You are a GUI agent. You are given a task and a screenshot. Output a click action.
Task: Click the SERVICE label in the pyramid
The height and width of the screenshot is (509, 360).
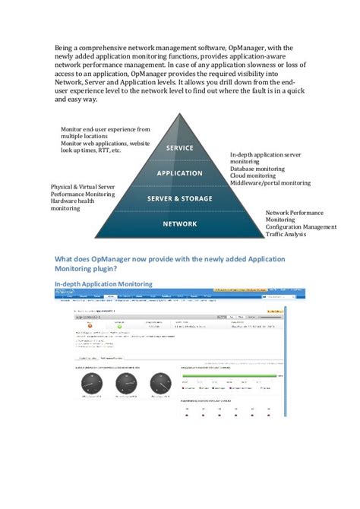point(179,148)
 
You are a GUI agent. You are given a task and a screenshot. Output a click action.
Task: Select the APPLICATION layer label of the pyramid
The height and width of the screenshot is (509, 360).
point(179,173)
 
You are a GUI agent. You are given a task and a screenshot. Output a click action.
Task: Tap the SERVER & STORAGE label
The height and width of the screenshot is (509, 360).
point(179,199)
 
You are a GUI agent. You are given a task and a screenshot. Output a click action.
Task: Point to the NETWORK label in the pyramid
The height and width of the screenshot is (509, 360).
point(179,224)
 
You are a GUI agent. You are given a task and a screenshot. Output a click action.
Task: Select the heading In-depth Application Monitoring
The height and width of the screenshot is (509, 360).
point(104,284)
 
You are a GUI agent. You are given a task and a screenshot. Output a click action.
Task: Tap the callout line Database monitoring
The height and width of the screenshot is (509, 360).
point(257,169)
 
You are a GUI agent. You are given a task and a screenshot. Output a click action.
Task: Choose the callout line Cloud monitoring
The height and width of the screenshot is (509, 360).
point(252,175)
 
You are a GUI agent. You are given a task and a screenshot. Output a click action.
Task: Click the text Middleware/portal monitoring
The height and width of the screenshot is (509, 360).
point(270,183)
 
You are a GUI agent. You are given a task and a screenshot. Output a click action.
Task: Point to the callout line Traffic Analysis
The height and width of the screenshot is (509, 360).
point(289,234)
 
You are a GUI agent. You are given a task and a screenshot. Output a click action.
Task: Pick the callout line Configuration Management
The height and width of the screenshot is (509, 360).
point(301,226)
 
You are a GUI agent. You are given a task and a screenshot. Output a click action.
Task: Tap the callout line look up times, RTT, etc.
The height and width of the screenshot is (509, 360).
point(90,150)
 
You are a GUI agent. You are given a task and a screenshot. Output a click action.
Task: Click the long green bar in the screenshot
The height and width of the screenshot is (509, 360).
point(232,375)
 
